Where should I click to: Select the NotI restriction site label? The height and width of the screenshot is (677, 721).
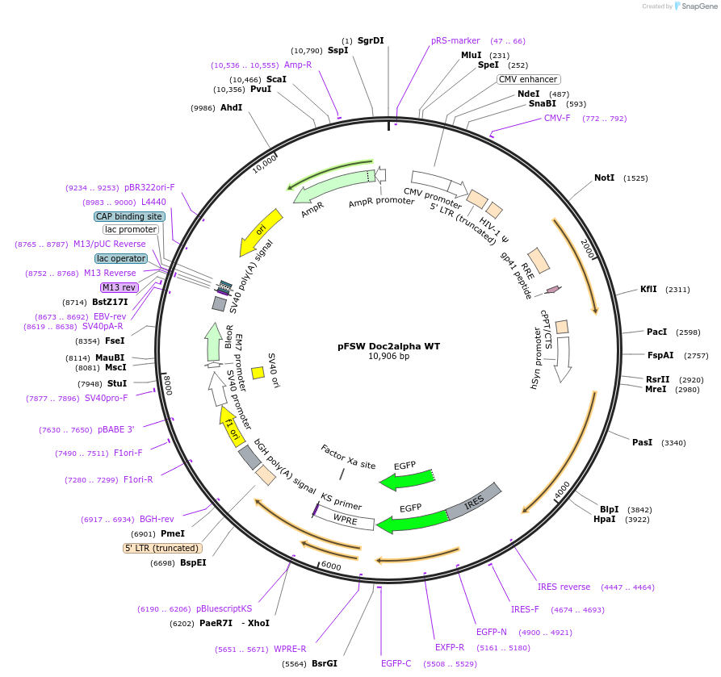pos(604,178)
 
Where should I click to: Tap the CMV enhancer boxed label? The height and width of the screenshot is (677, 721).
pos(528,79)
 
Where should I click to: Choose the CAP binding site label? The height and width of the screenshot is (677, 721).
pos(129,216)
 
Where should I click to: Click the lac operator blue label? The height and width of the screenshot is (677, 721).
pos(120,258)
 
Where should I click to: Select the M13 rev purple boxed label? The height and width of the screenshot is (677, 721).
pos(119,287)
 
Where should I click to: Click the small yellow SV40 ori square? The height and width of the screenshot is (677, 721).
pos(258,373)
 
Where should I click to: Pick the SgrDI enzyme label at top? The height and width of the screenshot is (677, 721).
pos(371,40)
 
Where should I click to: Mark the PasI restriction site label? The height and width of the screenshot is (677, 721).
pos(642,442)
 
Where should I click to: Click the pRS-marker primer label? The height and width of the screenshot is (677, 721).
pos(455,40)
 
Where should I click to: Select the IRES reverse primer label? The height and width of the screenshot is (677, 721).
pos(564,587)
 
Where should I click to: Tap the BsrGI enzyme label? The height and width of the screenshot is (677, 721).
pos(324,663)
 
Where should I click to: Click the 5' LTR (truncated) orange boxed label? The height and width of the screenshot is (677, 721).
pos(161,548)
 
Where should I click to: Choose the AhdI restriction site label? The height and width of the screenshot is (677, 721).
pos(231,107)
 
